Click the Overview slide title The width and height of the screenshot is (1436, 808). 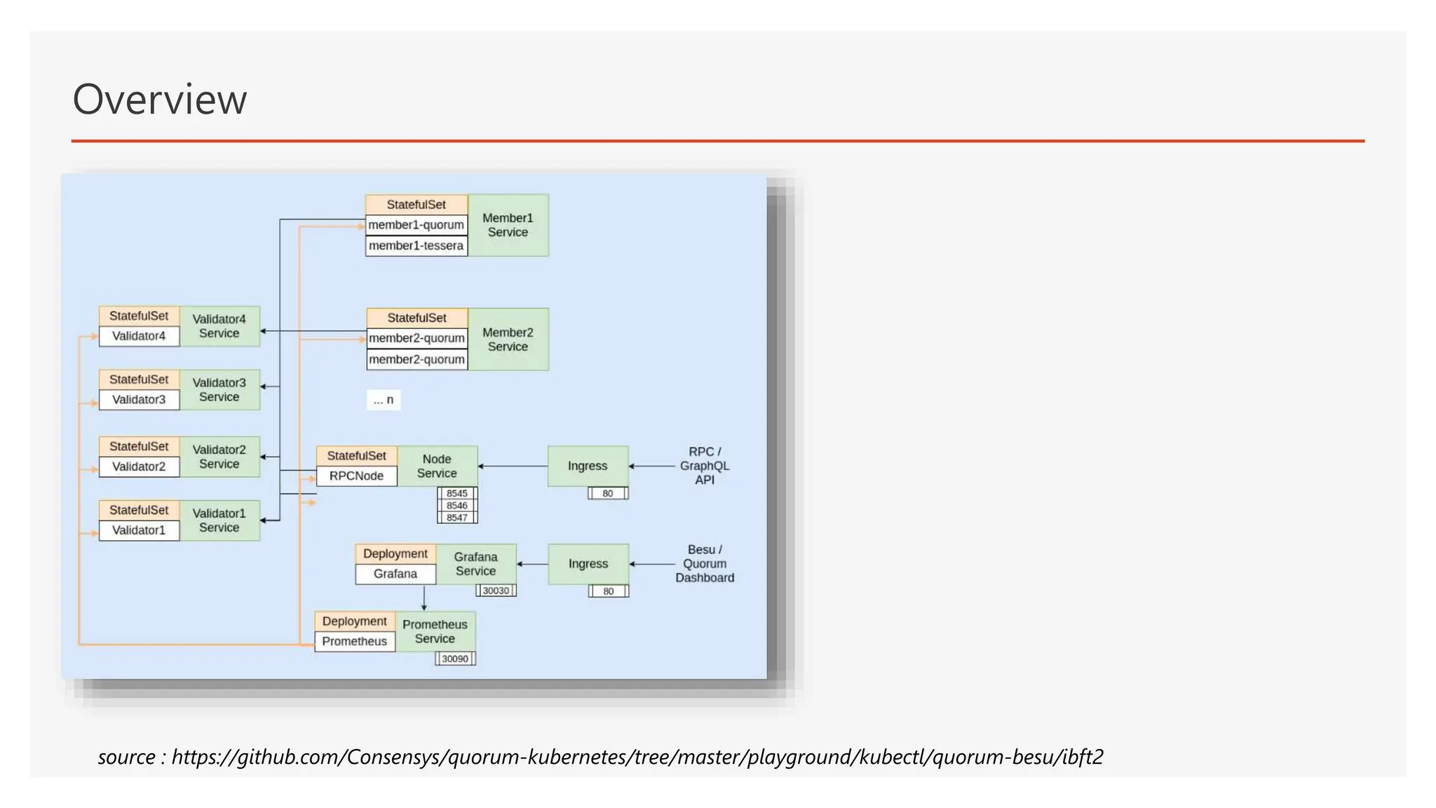160,99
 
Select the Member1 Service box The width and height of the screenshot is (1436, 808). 508,225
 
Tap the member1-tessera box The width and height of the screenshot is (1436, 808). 416,246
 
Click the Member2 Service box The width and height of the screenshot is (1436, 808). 508,339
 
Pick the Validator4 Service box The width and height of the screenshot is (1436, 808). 219,326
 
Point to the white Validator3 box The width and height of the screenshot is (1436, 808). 139,400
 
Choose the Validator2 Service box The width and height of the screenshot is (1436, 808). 219,457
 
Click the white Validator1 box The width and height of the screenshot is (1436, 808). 139,530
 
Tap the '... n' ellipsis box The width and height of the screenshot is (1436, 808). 384,400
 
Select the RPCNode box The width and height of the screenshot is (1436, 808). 356,476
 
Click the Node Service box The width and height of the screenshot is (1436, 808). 437,466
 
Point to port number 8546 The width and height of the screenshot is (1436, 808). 457,506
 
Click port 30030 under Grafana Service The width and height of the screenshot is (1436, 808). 496,591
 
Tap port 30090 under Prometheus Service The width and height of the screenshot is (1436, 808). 455,659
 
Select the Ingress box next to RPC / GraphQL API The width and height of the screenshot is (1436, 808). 588,466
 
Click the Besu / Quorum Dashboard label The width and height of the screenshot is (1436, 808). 705,564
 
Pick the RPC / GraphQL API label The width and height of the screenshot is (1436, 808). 705,466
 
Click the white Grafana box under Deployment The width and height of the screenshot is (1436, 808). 395,574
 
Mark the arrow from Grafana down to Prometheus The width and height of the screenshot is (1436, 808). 424,598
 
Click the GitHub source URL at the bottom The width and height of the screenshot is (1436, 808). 637,757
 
